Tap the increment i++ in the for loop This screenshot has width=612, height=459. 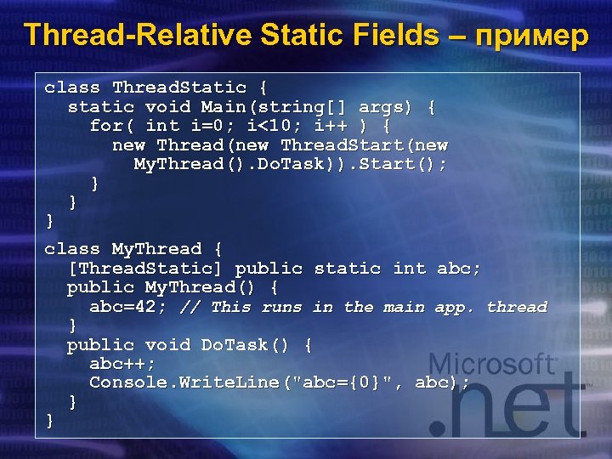[x=335, y=126]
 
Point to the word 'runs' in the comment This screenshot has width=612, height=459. [x=281, y=307]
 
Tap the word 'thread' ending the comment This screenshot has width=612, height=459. [x=517, y=307]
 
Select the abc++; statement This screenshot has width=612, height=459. [x=122, y=364]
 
